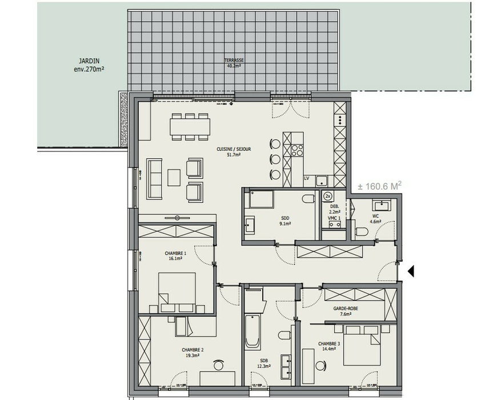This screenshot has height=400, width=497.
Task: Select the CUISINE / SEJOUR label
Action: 234,151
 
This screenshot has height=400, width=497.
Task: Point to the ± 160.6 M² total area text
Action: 379,186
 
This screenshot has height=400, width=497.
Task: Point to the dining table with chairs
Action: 189,126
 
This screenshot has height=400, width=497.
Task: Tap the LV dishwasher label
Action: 307,179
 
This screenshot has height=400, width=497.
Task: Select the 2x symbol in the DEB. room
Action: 328,196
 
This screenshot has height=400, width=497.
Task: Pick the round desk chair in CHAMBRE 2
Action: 218,365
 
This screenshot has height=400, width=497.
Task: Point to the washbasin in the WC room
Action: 380,205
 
